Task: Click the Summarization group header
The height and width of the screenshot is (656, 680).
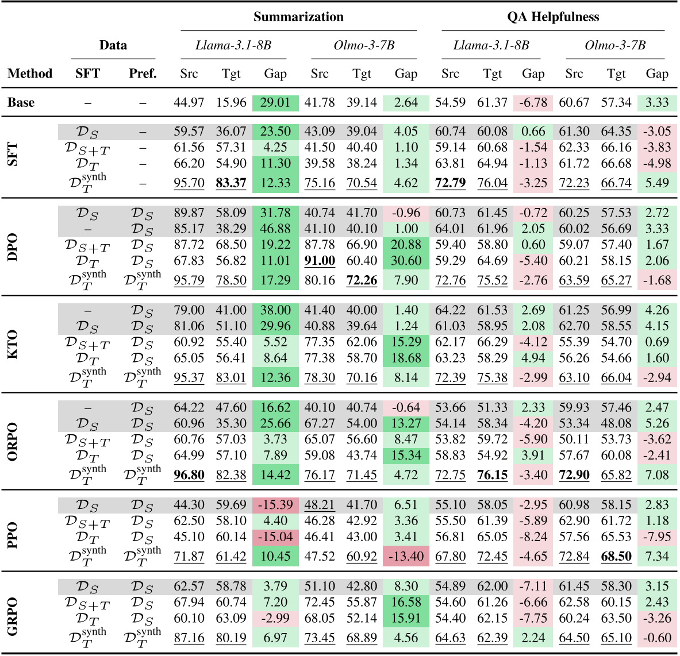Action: [298, 17]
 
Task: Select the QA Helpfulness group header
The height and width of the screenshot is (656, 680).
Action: [553, 17]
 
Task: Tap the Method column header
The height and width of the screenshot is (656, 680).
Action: [30, 74]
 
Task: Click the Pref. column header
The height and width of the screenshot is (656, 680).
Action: [143, 74]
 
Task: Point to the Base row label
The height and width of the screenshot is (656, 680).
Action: [21, 103]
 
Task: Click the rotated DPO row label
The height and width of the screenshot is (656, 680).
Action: [13, 247]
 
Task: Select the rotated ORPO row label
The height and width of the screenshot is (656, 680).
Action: [13, 441]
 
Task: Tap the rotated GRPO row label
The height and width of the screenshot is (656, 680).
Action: [13, 613]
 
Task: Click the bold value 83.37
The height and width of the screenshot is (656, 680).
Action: [231, 183]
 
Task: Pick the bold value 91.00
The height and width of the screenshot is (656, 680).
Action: [320, 261]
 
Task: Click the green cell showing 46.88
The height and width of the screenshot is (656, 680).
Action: [275, 229]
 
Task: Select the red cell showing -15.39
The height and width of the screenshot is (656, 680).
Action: [275, 505]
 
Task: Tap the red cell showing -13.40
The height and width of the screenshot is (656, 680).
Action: [406, 557]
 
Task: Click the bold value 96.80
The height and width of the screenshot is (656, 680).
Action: [189, 475]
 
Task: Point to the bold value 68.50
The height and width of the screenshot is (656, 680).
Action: [616, 557]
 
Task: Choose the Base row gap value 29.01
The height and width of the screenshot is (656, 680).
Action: [275, 103]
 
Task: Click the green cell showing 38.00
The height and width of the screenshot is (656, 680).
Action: [275, 310]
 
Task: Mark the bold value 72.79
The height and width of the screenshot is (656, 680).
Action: [450, 183]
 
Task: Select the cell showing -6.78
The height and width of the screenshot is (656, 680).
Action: [533, 103]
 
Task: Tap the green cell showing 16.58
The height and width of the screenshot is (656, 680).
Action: [406, 602]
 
